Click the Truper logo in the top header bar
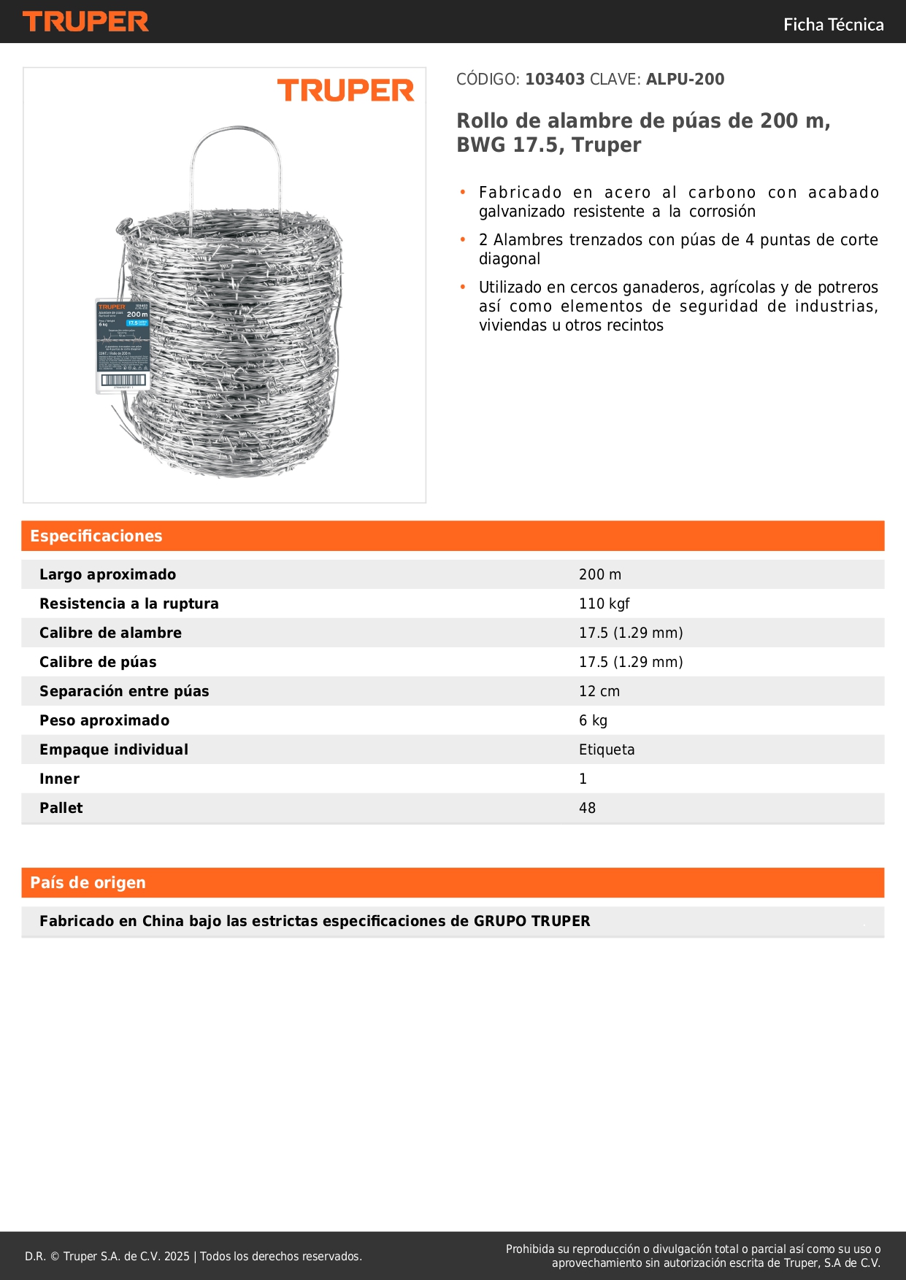pos(85,22)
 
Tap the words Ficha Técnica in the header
pos(833,25)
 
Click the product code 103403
pos(555,80)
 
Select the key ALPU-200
pos(685,80)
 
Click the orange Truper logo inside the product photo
pos(345,91)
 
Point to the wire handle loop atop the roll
pos(235,146)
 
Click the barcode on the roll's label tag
pos(123,380)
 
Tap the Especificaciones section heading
pos(96,536)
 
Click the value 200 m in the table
pos(599,575)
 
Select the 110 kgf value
pos(604,604)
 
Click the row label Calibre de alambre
pos(110,633)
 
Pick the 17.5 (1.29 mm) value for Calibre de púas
pos(631,663)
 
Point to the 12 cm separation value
pos(599,692)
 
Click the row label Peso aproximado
pos(104,721)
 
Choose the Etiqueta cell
pos(607,750)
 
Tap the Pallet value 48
pos(587,809)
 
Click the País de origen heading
pos(88,883)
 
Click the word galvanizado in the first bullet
pos(521,212)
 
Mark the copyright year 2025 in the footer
pos(177,1257)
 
